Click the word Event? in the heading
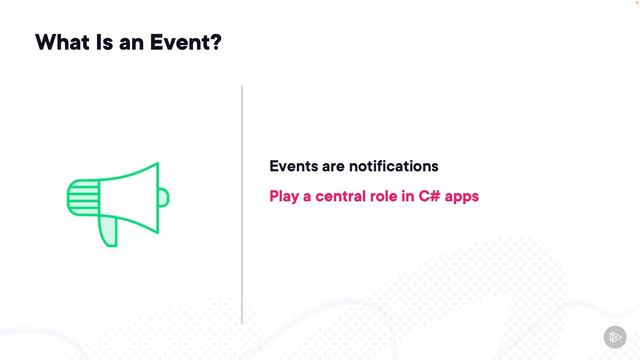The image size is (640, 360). pyautogui.click(x=188, y=43)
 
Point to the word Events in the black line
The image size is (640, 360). pyautogui.click(x=293, y=166)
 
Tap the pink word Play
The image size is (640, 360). pyautogui.click(x=286, y=196)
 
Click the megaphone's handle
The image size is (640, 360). pyautogui.click(x=108, y=229)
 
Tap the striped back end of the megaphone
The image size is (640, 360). pyautogui.click(x=82, y=197)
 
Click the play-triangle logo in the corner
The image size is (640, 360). pyautogui.click(x=614, y=336)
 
